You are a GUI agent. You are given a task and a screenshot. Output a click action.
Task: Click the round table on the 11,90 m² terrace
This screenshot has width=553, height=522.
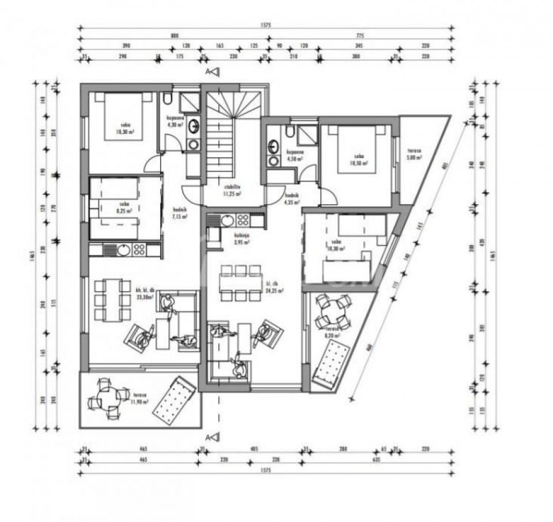point(109,399)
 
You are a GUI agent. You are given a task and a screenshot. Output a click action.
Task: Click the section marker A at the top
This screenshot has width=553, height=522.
point(213,72)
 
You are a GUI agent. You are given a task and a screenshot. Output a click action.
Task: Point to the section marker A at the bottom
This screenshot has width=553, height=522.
point(213,437)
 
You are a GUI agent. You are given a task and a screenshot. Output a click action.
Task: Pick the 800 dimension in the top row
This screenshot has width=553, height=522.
point(175,36)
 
